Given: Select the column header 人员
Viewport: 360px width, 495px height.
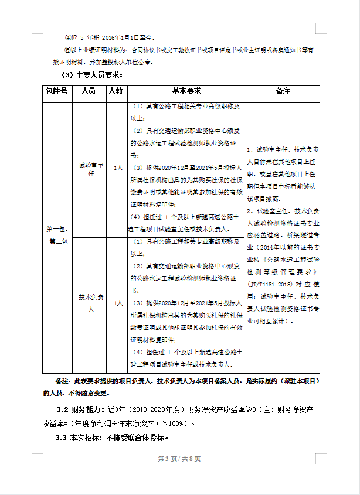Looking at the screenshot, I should tap(89, 91).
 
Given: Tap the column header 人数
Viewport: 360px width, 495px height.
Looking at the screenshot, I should tap(116, 91).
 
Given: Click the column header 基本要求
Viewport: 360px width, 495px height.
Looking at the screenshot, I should tap(186, 91).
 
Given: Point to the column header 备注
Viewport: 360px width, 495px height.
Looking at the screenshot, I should tap(283, 91).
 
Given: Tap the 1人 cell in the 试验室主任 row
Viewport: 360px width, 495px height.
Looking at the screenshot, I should tap(118, 168).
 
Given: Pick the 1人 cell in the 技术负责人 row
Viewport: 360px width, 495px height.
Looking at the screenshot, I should tap(118, 303).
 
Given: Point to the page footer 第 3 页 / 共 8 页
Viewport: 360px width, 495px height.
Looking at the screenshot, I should tap(179, 458).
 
